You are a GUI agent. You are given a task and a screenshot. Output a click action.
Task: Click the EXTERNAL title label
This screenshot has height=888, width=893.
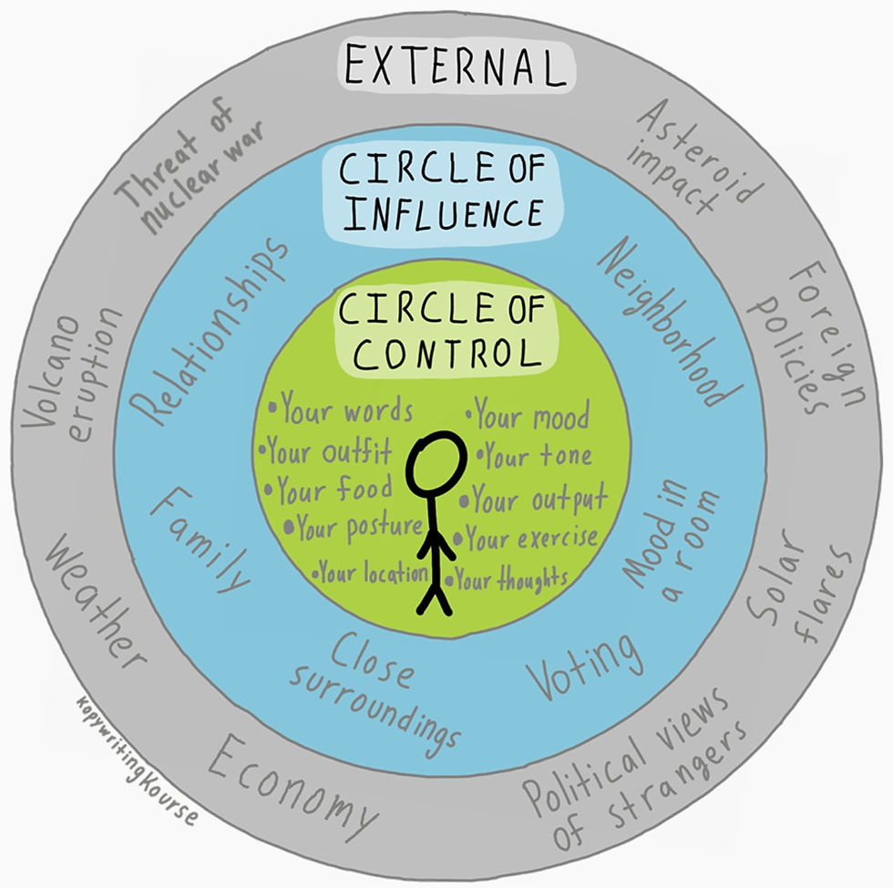[457, 67]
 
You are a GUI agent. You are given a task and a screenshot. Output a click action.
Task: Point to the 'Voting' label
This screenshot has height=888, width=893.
[584, 666]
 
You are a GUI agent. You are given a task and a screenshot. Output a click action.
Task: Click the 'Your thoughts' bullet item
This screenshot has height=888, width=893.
[507, 580]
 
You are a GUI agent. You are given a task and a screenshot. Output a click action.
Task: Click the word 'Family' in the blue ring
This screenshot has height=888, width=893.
[200, 539]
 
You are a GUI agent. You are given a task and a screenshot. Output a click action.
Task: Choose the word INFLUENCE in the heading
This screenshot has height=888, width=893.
[445, 213]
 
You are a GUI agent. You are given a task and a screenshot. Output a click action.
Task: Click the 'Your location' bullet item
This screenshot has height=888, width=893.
[370, 572]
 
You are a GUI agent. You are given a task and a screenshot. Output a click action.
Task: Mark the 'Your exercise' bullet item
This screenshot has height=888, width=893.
[527, 538]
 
